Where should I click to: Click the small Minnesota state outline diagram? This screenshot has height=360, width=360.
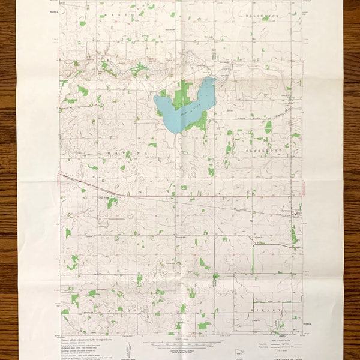131,349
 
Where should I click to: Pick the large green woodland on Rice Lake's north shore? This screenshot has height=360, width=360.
182,92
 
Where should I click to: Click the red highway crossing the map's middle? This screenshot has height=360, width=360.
180,195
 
